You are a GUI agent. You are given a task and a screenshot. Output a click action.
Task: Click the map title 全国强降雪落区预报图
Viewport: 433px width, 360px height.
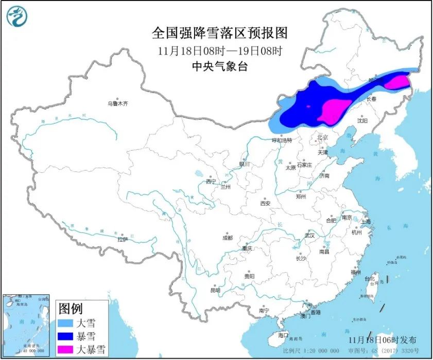pyautogui.click(x=220, y=34)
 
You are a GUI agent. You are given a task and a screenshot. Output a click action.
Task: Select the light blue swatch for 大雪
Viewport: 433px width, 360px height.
pyautogui.click(x=66, y=324)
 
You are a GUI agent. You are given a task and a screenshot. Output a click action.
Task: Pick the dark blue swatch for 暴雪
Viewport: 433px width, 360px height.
pyautogui.click(x=66, y=337)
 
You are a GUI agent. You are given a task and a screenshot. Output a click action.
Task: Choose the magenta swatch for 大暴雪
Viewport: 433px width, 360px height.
pyautogui.click(x=66, y=350)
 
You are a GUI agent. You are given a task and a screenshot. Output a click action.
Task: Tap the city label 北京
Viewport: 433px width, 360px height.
pyautogui.click(x=322, y=137)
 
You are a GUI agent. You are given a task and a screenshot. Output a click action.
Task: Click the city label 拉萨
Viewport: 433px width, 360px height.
pyautogui.click(x=122, y=239)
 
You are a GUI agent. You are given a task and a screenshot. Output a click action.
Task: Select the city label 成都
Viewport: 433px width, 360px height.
pyautogui.click(x=227, y=238)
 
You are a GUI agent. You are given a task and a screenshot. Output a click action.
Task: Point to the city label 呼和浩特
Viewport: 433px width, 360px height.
pyautogui.click(x=282, y=140)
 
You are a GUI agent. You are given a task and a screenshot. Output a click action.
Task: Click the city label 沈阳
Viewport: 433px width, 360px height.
pyautogui.click(x=362, y=121)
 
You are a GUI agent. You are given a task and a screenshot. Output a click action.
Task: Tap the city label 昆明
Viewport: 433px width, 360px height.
pyautogui.click(x=215, y=291)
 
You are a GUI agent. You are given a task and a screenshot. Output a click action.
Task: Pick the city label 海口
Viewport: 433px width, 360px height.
pyautogui.click(x=283, y=335)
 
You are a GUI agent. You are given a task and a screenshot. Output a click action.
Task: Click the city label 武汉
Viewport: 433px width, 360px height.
pyautogui.click(x=309, y=235)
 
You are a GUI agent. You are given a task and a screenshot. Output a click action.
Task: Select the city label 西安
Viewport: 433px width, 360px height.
pyautogui.click(x=265, y=203)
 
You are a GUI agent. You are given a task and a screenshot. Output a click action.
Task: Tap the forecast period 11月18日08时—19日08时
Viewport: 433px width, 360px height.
pyautogui.click(x=220, y=51)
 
